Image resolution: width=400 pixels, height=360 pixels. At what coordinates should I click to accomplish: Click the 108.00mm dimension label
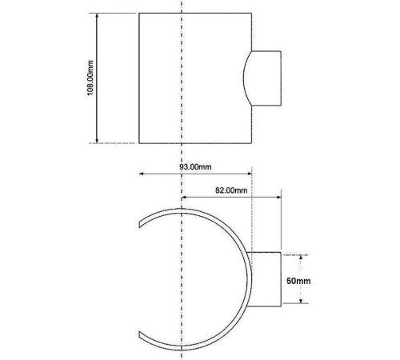pyautogui.click(x=91, y=78)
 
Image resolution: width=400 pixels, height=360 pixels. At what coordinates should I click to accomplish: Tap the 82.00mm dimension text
pyautogui.click(x=230, y=189)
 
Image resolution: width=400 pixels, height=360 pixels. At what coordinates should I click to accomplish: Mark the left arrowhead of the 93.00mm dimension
pyautogui.click(x=141, y=174)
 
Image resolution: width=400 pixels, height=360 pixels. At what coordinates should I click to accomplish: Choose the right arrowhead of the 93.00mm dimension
pyautogui.click(x=251, y=174)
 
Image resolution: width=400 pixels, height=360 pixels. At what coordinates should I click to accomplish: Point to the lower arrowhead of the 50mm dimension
pyautogui.click(x=301, y=303)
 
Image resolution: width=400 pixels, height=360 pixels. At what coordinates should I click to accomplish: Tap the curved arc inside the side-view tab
pyautogui.click(x=246, y=78)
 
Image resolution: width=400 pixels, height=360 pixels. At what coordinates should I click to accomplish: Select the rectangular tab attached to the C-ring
pyautogui.click(x=266, y=278)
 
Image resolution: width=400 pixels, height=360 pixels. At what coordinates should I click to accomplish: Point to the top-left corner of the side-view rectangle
pyautogui.click(x=139, y=13)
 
